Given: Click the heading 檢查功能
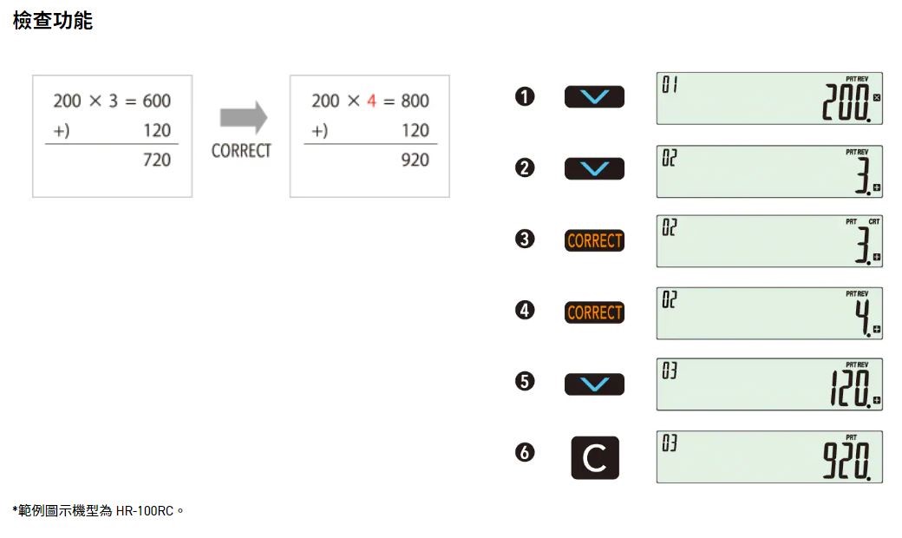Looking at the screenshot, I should pos(53,22).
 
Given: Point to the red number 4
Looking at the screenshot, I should pos(372,102).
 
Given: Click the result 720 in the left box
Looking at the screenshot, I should pos(157,160).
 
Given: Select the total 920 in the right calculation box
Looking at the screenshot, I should pos(415,160).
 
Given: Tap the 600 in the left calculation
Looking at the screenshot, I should pos(157,102).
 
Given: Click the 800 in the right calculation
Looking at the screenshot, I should pos(415,102).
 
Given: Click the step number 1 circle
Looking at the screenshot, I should pos(525,97).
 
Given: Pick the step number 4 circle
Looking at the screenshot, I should pos(525,311).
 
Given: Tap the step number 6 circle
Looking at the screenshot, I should pos(525,453).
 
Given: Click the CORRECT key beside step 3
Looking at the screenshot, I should pos(594,240).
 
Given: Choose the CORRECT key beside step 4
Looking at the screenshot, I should pos(594,312).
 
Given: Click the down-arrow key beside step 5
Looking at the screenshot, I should pos(594,384).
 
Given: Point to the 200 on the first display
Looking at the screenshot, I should pos(847,104).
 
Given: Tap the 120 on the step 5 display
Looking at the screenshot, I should pos(847,390).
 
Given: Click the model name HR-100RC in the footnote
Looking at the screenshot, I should pos(145,510).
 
